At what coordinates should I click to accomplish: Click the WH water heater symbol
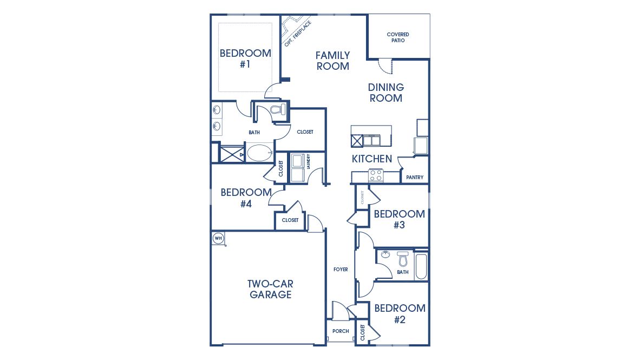218,238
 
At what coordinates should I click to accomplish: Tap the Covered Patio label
397,37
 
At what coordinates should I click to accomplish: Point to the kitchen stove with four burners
376,175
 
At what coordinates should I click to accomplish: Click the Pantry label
414,178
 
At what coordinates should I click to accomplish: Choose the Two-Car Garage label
270,289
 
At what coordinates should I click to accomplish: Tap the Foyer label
341,269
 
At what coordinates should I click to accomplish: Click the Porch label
341,331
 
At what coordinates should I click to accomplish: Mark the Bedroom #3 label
399,219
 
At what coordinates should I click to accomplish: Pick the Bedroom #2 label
399,313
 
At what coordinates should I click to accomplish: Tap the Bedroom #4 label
246,198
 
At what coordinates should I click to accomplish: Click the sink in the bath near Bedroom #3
386,255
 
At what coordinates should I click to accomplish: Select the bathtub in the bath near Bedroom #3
421,265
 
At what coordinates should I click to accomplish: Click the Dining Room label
386,93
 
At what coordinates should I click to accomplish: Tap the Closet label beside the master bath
305,132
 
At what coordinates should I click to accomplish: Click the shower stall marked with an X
232,154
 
